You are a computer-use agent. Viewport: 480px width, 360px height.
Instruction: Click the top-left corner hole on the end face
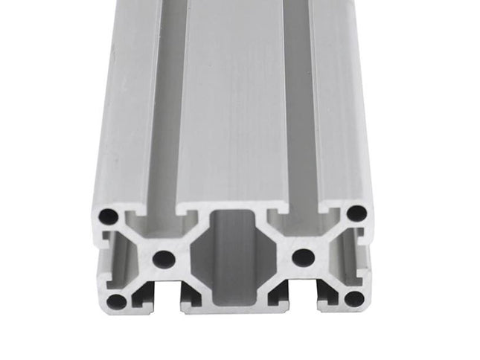[x=109, y=216]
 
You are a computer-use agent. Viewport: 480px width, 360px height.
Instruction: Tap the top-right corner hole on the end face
[x=356, y=213]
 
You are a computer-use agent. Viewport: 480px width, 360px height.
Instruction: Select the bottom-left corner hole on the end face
[x=116, y=301]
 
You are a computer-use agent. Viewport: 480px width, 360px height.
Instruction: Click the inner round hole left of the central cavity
[x=163, y=259]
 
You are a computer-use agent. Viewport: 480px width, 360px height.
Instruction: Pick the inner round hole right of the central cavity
[x=302, y=257]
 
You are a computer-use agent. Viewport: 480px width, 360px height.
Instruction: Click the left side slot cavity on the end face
[x=112, y=260]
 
